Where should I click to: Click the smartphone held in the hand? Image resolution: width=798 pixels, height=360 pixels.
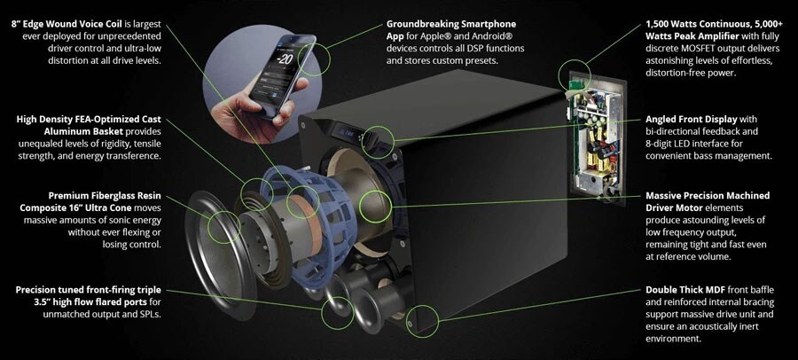tap(283, 75)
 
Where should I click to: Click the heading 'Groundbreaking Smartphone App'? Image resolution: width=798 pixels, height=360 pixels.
tap(451, 29)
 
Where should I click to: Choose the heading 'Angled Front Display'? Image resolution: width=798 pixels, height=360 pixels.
tap(691, 120)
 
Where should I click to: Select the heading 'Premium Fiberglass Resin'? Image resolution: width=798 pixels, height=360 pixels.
tap(105, 196)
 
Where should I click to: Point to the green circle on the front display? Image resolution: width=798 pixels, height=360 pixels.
tap(378, 142)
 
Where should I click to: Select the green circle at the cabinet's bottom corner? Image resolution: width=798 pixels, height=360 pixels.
tap(422, 320)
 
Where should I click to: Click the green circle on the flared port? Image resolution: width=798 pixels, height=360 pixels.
tap(337, 312)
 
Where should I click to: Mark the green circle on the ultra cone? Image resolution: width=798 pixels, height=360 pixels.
tap(223, 227)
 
